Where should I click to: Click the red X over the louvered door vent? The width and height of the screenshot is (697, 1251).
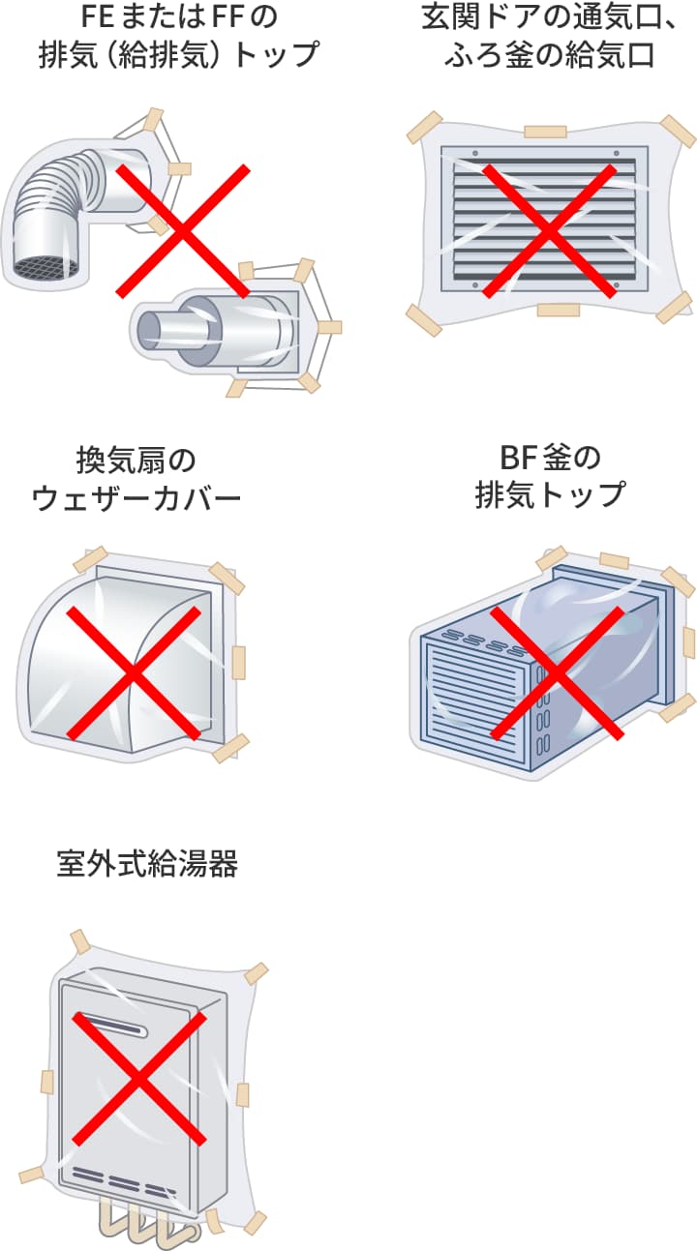pos(549,230)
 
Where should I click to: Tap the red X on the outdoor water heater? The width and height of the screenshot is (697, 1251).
pos(139,1077)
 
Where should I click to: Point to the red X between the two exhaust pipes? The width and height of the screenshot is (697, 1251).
pos(183,230)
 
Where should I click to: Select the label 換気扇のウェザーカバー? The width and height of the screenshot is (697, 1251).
pos(136,478)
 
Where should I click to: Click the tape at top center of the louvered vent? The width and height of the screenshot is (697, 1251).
pos(545,131)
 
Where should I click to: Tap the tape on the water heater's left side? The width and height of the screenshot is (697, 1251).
pos(45,1082)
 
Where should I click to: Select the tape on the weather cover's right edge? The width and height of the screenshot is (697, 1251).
pos(239,662)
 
